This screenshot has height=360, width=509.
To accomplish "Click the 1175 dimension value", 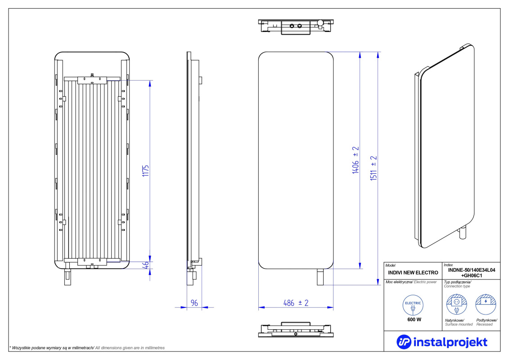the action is coord(145,171).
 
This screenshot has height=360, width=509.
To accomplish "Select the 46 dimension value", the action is coord(146,265).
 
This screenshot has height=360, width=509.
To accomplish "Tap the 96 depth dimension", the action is coord(194,303).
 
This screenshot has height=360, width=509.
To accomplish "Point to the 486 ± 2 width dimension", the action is coord(296,303).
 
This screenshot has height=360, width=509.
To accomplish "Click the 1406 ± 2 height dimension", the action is coord(356,160).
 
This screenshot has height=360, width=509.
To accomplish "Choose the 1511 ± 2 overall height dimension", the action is coord(374,168).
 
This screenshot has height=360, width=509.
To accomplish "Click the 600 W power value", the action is coord(414,319).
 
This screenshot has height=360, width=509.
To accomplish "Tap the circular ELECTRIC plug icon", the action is coord(413,305).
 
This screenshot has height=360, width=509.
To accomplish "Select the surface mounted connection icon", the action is coord(456,305).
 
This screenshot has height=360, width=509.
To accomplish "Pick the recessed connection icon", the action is coord(486,305).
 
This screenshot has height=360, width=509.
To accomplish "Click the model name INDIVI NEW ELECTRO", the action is coord(413,273).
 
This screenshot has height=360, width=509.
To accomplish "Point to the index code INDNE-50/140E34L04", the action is coord(472,270).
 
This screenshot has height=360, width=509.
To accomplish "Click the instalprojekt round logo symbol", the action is coord(404,342).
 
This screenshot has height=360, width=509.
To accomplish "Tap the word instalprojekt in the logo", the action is coord(450,342).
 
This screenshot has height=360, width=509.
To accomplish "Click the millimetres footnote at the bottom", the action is coord(87,348).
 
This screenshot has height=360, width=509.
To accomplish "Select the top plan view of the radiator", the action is coord(296,27).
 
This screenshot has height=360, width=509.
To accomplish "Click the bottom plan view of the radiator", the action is coord(296,329).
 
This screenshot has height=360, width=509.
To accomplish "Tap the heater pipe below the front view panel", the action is coord(320,277).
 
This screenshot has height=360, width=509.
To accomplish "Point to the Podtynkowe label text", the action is coord(486,320).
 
